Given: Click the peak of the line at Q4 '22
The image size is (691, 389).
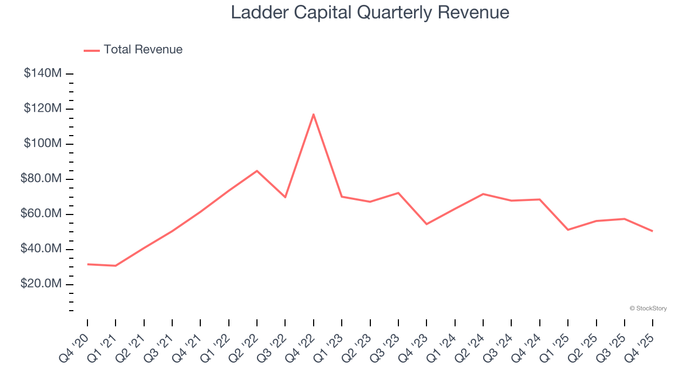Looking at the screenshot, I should pyautogui.click(x=314, y=114).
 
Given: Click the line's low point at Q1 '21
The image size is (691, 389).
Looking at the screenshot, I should pyautogui.click(x=116, y=266).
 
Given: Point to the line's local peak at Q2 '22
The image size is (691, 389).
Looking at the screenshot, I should pyautogui.click(x=257, y=171).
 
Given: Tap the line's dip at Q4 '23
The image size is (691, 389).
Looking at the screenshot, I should pyautogui.click(x=426, y=224).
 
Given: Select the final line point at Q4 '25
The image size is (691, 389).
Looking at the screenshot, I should pyautogui.click(x=653, y=231).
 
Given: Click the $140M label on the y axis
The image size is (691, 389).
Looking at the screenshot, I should pyautogui.click(x=43, y=73).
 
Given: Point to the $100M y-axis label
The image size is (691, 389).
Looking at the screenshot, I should pyautogui.click(x=43, y=144).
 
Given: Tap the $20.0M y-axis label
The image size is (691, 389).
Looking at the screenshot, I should pyautogui.click(x=41, y=284).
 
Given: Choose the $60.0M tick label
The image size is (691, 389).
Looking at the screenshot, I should pyautogui.click(x=41, y=214).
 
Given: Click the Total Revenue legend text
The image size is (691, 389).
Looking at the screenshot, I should pyautogui.click(x=143, y=50).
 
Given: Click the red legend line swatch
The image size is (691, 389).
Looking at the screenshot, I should pyautogui.click(x=92, y=50).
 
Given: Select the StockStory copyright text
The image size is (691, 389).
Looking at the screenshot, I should pyautogui.click(x=648, y=308).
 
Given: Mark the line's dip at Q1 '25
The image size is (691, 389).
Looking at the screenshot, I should pyautogui.click(x=568, y=230).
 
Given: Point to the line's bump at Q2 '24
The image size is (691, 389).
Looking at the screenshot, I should pyautogui.click(x=483, y=194).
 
